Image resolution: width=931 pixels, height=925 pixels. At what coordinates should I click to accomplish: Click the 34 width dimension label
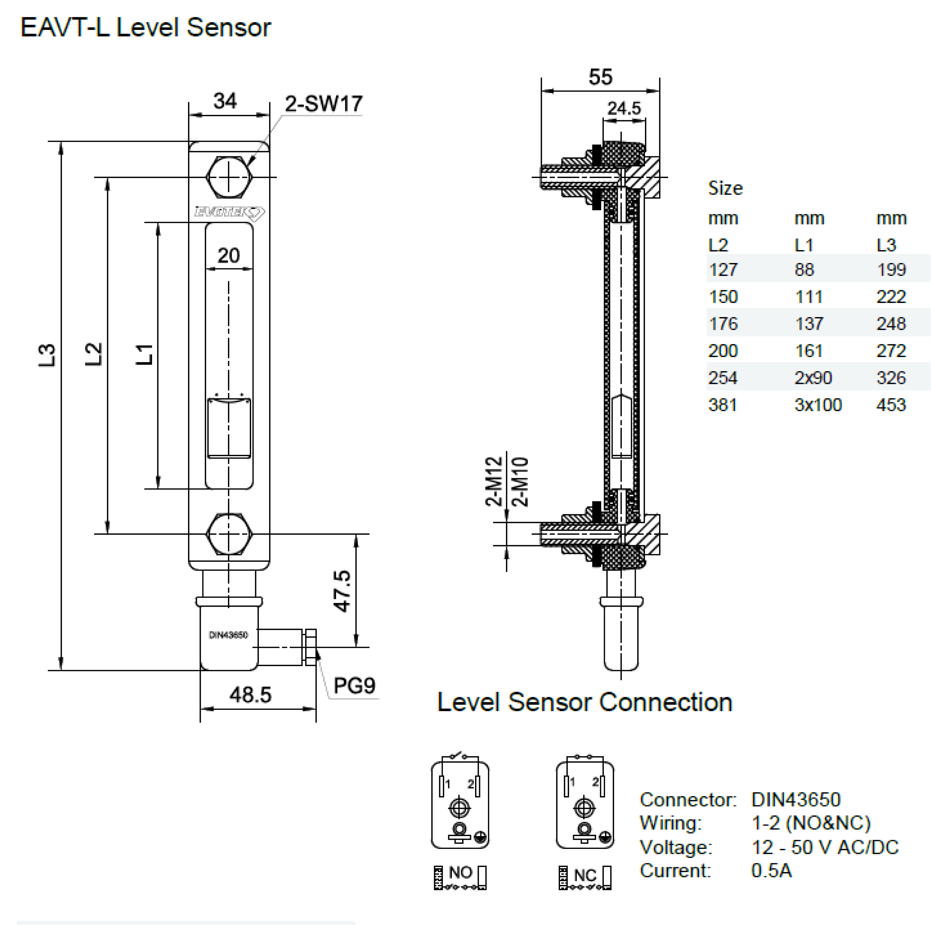point(225,101)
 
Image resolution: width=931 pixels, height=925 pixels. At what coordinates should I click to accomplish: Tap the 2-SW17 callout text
point(323,104)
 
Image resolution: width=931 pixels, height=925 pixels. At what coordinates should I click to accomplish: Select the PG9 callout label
point(354,685)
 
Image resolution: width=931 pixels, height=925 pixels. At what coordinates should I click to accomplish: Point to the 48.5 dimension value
point(250,694)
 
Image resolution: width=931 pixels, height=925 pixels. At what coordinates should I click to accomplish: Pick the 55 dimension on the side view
point(600,77)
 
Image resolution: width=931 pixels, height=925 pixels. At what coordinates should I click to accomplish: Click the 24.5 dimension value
point(624,108)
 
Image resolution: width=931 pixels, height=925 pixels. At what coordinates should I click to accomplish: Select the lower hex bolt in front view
point(229,534)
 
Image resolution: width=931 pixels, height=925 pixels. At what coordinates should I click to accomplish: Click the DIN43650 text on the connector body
point(228,635)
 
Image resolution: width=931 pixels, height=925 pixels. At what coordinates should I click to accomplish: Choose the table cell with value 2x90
point(813,377)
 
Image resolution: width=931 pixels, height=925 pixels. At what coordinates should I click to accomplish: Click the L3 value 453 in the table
point(891,405)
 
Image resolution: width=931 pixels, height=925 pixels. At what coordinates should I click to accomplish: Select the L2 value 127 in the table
point(723,269)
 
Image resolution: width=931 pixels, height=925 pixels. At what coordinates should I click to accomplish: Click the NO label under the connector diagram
point(460,872)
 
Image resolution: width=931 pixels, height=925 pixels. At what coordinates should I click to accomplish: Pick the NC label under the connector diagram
point(585,875)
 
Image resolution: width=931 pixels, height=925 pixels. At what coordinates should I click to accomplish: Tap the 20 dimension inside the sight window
point(228,256)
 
